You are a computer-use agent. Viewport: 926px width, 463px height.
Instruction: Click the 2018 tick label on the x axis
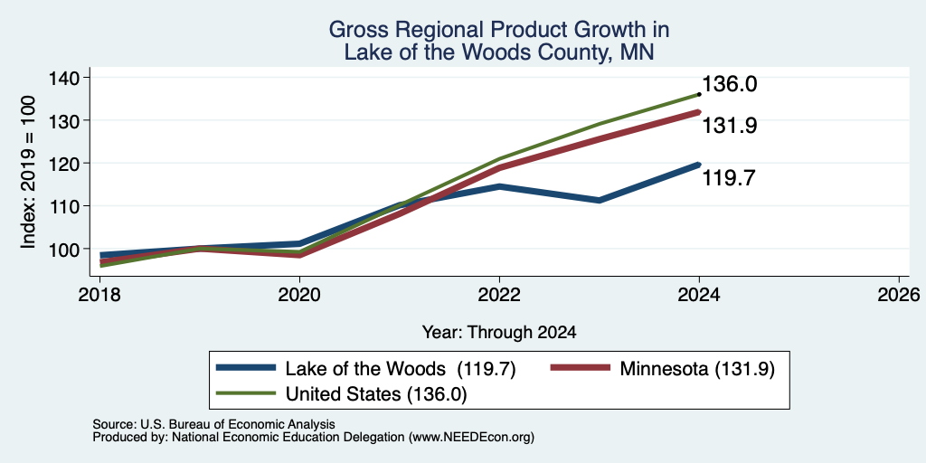[x=99, y=295]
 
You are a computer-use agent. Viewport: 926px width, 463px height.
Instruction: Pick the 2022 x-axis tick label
[x=499, y=295]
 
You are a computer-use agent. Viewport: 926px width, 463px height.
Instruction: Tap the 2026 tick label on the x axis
[x=899, y=295]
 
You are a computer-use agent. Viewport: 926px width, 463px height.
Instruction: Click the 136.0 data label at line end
[x=730, y=84]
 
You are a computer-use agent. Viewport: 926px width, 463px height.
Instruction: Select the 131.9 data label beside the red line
[x=730, y=125]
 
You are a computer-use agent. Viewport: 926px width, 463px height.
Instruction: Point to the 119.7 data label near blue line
[x=728, y=178]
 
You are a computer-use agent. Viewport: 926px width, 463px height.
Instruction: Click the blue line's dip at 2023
[x=600, y=200]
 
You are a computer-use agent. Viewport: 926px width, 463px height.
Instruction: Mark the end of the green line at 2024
[x=699, y=94]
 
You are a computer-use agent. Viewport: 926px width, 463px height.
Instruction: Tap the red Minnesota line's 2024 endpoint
[x=699, y=111]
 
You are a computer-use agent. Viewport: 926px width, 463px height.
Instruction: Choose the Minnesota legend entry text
[x=696, y=369]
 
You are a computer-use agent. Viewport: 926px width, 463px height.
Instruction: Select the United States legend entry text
[x=376, y=394]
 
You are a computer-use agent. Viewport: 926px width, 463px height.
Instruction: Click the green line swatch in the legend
[x=246, y=393]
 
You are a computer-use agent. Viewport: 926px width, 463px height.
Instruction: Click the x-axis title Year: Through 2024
[x=499, y=333]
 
